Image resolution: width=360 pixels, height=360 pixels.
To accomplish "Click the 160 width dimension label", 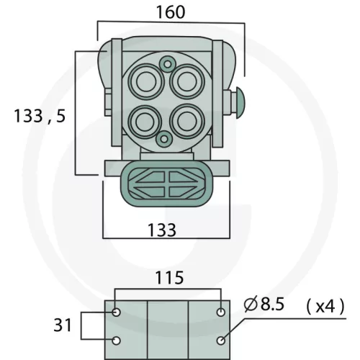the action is [171, 12].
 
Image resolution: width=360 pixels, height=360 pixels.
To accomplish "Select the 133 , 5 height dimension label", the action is [40, 116].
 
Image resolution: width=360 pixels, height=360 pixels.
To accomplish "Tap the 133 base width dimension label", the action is [162, 230].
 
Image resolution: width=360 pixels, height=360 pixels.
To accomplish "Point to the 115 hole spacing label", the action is [170, 277].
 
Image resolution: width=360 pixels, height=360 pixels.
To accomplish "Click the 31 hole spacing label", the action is [63, 325].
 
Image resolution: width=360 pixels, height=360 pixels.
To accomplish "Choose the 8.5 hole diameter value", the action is [272, 304].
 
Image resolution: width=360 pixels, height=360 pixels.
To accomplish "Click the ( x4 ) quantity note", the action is [325, 307].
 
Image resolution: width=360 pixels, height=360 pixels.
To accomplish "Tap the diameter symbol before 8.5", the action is [251, 304].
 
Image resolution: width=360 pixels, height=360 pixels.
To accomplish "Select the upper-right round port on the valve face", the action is [187, 81].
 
